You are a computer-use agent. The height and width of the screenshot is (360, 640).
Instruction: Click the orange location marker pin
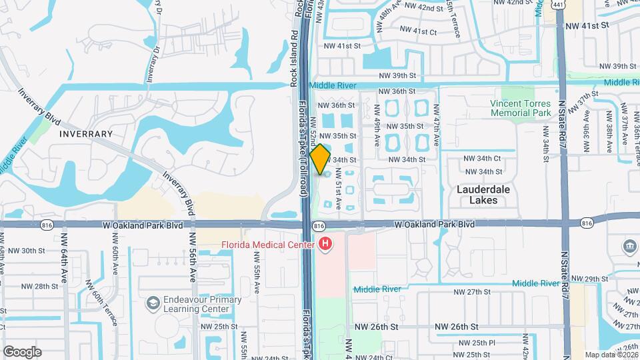[321, 159]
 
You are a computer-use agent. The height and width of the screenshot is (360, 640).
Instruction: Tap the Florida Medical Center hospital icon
[325, 245]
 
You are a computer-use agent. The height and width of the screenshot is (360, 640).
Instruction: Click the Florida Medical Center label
[267, 245]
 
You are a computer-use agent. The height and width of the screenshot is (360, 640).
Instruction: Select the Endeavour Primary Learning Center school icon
[153, 303]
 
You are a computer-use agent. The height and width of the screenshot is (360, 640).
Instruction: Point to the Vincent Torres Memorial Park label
[520, 108]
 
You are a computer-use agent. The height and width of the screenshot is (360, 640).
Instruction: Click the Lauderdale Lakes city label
[483, 194]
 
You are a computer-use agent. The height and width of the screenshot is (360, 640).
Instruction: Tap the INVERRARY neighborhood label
[86, 134]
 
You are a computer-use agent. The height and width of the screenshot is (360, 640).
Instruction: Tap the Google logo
[22, 351]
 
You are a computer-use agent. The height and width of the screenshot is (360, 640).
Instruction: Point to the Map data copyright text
[611, 355]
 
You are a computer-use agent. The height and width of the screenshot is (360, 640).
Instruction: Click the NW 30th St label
[41, 251]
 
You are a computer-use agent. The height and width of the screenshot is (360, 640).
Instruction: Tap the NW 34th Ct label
[481, 158]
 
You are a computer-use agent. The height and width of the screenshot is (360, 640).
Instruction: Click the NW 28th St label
[40, 286]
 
